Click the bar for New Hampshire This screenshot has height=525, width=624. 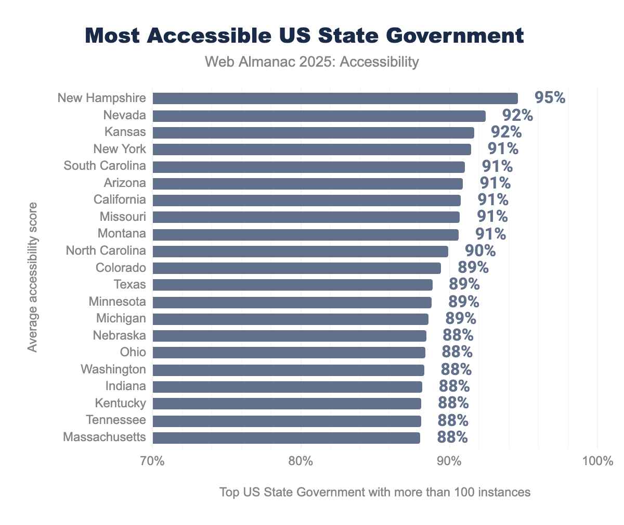335,98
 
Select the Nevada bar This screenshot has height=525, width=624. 319,116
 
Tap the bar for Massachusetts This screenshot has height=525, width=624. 286,438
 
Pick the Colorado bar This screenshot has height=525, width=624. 296,268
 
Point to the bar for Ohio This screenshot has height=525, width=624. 289,353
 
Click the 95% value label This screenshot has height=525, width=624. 550,97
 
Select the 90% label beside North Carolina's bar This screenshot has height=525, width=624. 480,251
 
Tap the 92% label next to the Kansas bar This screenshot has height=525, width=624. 506,132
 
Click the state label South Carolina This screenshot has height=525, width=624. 105,166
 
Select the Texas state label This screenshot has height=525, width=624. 129,285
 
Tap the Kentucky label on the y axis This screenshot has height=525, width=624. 120,403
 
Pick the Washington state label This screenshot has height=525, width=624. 113,369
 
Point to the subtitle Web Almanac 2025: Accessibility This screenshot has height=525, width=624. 312,62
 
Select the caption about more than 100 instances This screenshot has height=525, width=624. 374,492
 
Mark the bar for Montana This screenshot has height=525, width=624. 305,234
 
